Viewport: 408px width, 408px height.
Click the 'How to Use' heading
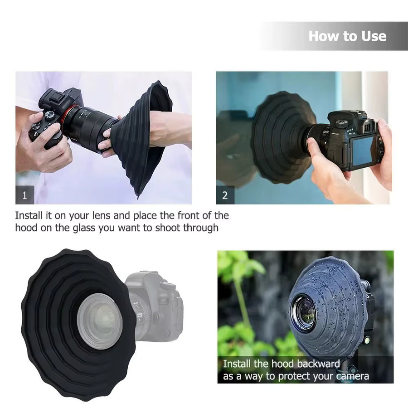pos(347,36)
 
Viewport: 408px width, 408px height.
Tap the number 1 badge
pos(25,195)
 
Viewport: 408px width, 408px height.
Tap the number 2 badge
pos(225,195)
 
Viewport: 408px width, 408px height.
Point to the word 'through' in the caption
pos(201,228)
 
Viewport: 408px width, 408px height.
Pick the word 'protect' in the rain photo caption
pos(294,377)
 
